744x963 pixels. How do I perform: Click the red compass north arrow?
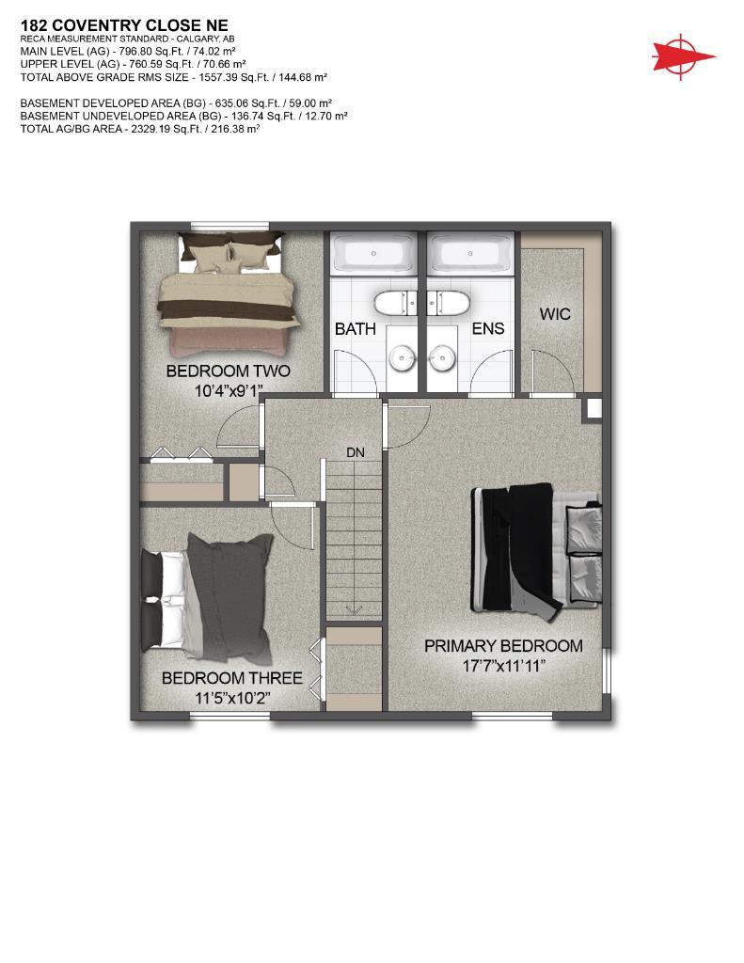coord(683,55)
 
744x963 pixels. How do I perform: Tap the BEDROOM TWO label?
coord(228,371)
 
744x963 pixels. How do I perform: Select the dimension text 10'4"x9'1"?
coord(228,389)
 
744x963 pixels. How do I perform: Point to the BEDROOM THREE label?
coord(231,678)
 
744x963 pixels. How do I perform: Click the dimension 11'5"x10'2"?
coord(231,698)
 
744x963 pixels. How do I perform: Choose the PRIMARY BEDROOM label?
coord(502,646)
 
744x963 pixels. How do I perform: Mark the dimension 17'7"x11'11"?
coord(502,666)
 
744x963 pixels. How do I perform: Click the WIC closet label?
coord(555,314)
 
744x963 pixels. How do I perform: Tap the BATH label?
coord(356,328)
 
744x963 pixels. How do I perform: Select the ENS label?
coord(487,328)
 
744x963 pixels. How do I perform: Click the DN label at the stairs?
coord(355,452)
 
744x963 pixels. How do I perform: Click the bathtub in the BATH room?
coord(374,254)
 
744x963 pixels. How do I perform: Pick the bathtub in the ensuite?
coord(468,254)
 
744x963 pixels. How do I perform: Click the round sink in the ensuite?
coord(440,357)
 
